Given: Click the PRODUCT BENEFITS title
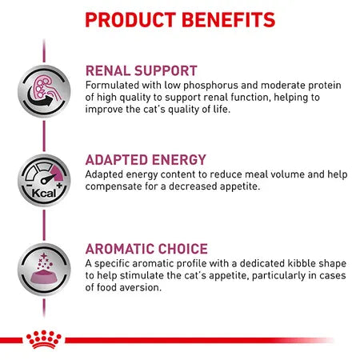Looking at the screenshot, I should click(180, 18).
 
